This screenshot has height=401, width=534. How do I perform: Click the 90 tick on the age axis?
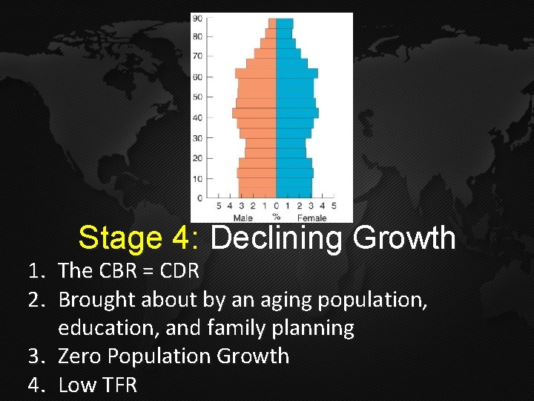coord(197,18)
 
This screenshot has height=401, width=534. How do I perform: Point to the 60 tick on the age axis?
coord(197,76)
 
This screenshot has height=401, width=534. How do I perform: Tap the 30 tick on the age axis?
coord(197,137)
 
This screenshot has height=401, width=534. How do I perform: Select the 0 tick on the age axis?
coord(200,198)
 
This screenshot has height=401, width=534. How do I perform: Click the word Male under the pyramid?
coord(243,218)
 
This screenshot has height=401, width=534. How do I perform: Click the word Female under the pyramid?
coord(311,218)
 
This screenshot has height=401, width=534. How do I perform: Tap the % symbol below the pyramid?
coord(276,218)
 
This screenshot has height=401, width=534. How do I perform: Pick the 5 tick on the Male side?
coord(218,206)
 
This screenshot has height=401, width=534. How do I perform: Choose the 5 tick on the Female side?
coord(334,206)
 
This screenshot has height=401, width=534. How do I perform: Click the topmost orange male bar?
coord(272,23)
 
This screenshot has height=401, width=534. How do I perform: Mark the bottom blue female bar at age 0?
coord(294,192)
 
